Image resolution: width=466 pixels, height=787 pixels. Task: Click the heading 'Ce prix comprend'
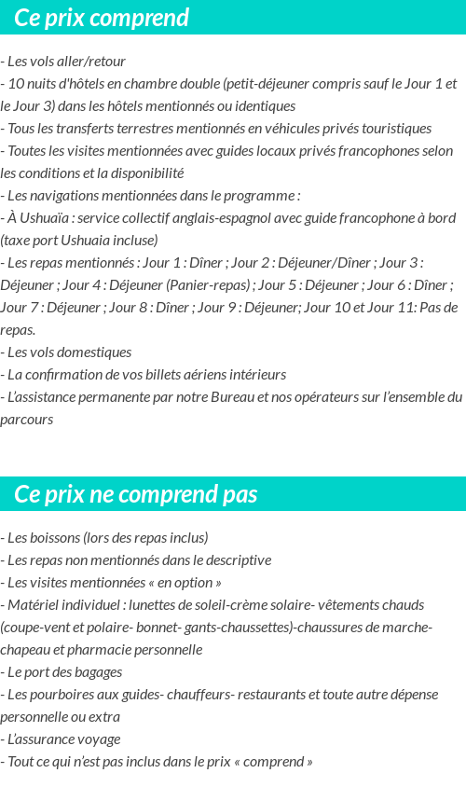tap(102, 18)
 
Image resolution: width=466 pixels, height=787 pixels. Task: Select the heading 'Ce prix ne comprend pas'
tap(136, 493)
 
